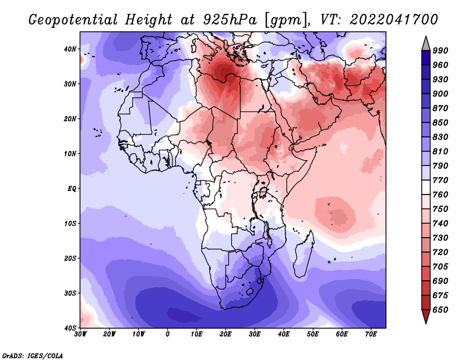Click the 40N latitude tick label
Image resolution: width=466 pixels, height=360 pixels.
tap(70, 49)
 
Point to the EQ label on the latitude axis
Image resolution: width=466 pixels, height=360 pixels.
tap(72, 189)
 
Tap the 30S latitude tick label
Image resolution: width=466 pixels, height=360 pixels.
tap(70, 294)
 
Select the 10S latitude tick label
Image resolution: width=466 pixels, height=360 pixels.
tap(70, 224)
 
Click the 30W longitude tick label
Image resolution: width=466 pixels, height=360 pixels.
tap(80, 334)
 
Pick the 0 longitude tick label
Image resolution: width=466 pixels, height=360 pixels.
tap(168, 334)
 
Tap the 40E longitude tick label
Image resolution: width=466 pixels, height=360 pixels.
tap(284, 334)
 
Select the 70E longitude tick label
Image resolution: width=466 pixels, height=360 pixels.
tap(370, 334)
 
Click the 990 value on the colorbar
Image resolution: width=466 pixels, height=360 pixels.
tap(440, 51)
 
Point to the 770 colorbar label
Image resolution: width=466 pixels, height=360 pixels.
tap(440, 181)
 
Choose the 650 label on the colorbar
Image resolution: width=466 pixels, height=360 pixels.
tap(440, 310)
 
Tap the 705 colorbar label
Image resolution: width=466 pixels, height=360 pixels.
tap(440, 267)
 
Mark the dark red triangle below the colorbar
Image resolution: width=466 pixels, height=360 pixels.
tap(426, 315)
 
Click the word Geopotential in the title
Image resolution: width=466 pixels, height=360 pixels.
tap(73, 20)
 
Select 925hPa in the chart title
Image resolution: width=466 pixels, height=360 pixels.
tap(230, 20)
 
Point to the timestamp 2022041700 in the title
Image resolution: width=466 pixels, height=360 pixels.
tap(394, 20)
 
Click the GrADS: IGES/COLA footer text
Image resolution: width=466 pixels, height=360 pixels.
tap(33, 356)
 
